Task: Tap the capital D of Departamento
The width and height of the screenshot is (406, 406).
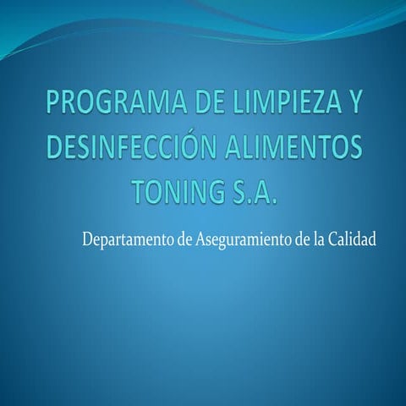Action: (x=87, y=239)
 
